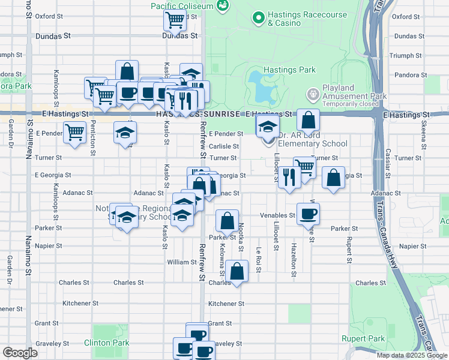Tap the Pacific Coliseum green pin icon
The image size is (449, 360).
coord(224,5)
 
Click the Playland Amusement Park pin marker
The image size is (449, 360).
coord(313,95)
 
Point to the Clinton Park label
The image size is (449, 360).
coord(110,343)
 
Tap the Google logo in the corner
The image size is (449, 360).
coord(20,353)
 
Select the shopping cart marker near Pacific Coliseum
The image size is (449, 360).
coord(175,20)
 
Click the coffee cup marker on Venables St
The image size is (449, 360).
coord(308,213)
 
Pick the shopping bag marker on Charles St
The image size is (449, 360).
coord(238,271)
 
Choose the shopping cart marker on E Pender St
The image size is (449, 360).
coord(75,132)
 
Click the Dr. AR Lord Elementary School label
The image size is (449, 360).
coord(313,143)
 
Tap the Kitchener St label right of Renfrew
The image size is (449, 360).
coord(226,304)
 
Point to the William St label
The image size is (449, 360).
coord(182,262)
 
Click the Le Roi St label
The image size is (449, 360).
coord(259,259)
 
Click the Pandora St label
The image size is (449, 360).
coord(412,76)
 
